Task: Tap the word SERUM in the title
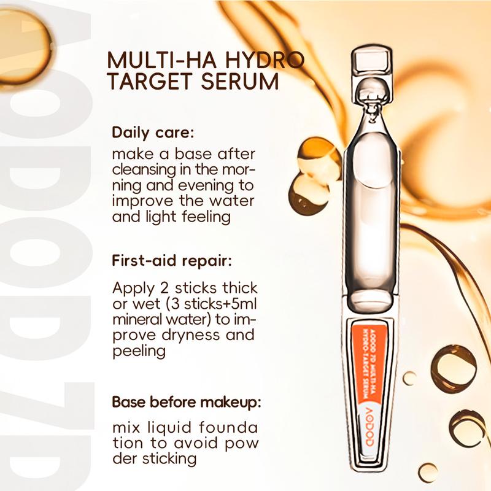[239, 81]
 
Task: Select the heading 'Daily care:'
[153, 133]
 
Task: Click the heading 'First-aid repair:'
[172, 260]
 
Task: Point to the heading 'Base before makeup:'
[187, 402]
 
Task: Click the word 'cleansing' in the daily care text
[144, 170]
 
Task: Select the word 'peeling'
[139, 351]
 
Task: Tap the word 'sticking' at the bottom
[169, 459]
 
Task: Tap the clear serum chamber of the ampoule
[372, 216]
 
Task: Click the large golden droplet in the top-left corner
[23, 47]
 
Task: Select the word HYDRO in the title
[265, 60]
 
